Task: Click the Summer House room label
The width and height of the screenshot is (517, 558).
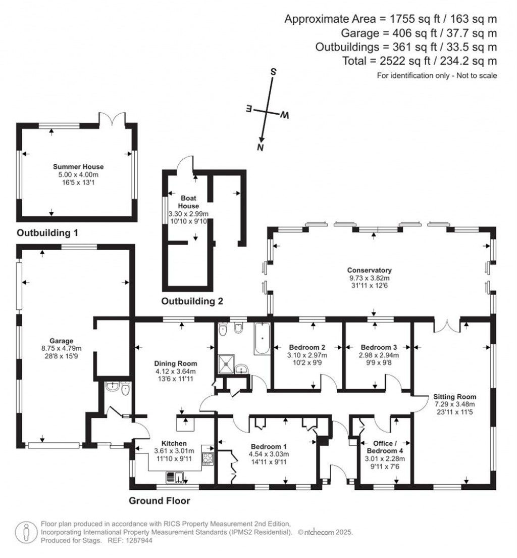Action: (x=78, y=166)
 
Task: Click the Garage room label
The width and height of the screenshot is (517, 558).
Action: (x=61, y=340)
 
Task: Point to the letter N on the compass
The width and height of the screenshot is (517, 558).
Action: (x=261, y=148)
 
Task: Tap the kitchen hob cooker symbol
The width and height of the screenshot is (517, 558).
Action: (x=208, y=458)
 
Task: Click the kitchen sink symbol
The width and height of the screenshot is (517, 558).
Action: (x=174, y=477)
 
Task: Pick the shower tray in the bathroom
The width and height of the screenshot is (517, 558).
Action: (x=226, y=362)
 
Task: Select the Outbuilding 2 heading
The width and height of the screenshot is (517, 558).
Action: (x=192, y=302)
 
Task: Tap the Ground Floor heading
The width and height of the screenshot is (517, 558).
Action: (x=160, y=501)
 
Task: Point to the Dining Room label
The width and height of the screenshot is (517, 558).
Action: (x=176, y=363)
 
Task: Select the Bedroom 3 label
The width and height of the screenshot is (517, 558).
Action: (x=379, y=347)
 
